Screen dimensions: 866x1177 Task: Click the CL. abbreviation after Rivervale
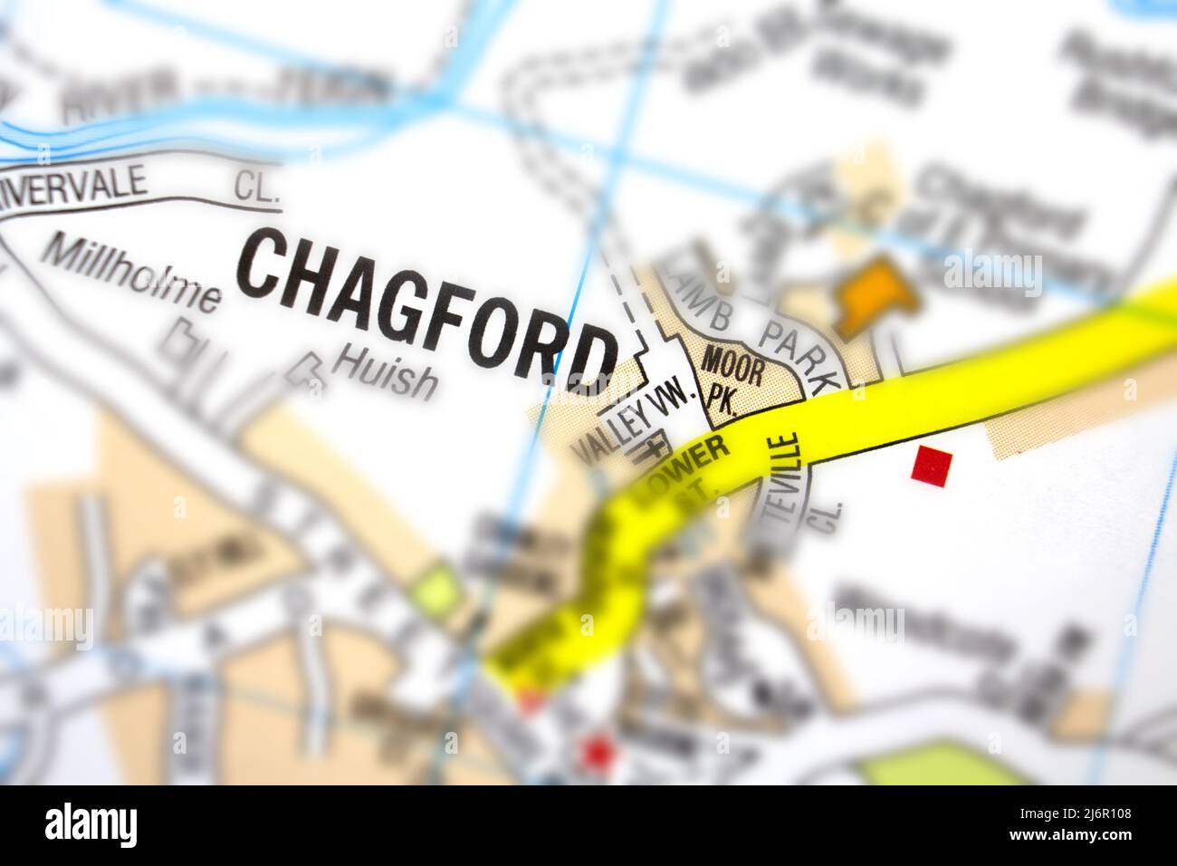point(257,188)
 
